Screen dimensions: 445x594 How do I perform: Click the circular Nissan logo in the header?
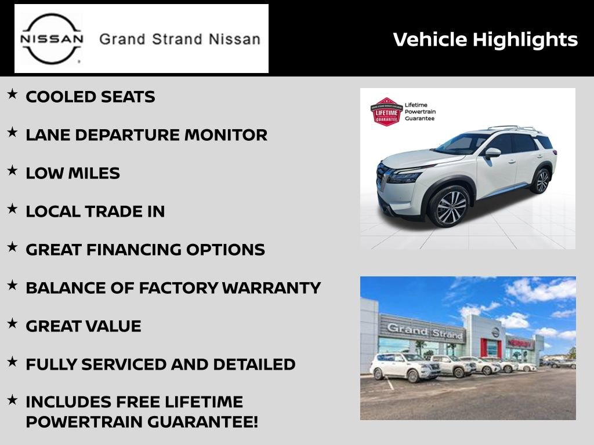click(x=52, y=38)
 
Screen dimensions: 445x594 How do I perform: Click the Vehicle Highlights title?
click(x=485, y=39)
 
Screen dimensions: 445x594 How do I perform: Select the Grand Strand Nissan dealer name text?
click(x=180, y=39)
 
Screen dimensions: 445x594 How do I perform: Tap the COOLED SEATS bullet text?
click(x=90, y=97)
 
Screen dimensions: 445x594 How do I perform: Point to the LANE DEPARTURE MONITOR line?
click(x=146, y=135)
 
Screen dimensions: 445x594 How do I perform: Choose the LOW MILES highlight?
click(x=73, y=173)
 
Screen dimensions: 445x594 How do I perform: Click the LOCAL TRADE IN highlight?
click(x=95, y=211)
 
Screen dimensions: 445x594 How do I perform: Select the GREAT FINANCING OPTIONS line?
click(x=145, y=250)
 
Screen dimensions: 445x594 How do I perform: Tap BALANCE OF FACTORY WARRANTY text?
click(x=173, y=288)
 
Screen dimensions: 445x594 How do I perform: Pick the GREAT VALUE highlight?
click(x=83, y=326)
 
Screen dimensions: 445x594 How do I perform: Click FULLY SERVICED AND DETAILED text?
click(x=160, y=364)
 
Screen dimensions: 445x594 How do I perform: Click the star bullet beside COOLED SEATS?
click(x=12, y=94)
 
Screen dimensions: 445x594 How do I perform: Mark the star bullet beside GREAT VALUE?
click(x=12, y=323)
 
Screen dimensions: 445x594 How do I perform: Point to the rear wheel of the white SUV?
click(x=542, y=181)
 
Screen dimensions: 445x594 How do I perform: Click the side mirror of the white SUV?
click(x=492, y=152)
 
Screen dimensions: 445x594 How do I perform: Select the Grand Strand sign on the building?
click(x=425, y=331)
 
